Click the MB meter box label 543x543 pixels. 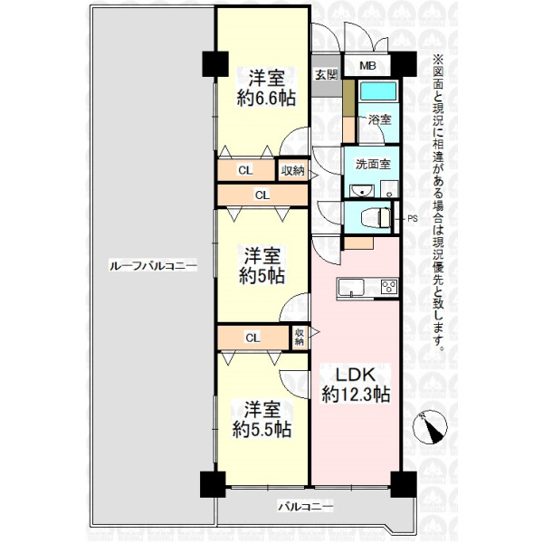coord(367,65)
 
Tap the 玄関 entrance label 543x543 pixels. coord(326,74)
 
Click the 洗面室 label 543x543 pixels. coord(373,164)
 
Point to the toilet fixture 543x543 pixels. coord(376,218)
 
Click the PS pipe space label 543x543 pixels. coord(413,219)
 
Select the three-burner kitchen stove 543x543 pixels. coord(389,287)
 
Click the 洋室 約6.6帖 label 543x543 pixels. coord(266,88)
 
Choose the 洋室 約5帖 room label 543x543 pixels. coord(262,265)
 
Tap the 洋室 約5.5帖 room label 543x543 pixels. coord(262,419)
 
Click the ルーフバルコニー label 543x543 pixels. coord(153,266)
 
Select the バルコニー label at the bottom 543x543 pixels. coord(306,508)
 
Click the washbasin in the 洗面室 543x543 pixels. coord(361,190)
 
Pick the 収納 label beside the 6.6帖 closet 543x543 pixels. coord(292,170)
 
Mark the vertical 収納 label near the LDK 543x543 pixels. coord(300,337)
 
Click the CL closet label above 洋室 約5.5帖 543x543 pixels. coord(252,338)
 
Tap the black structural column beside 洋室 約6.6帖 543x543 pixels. coord(215,64)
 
